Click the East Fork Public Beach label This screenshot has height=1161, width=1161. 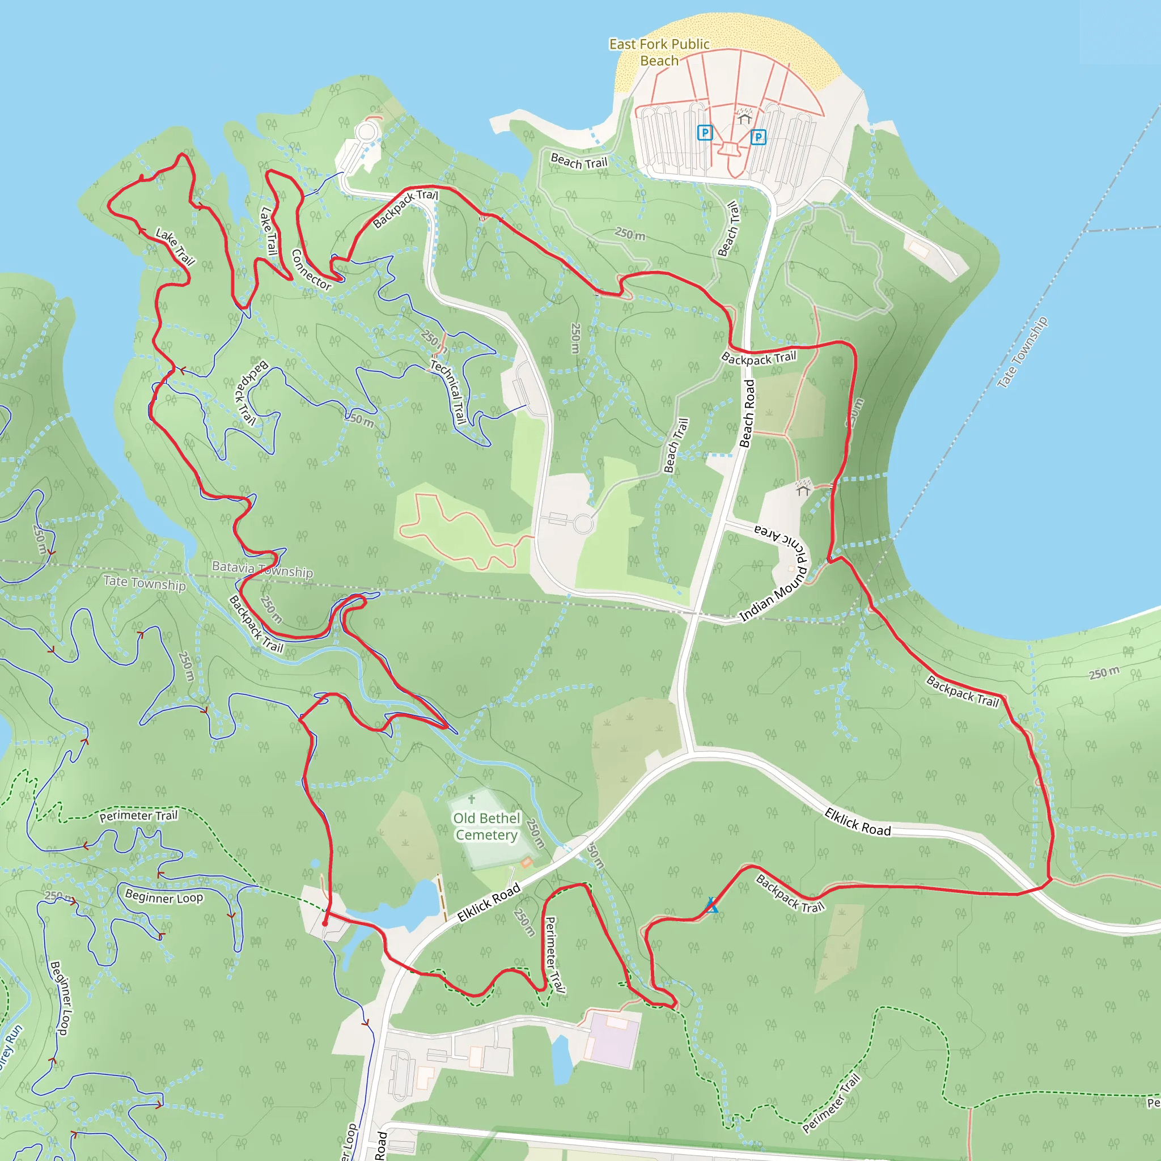pos(659,52)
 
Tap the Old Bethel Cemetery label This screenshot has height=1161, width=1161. pos(486,827)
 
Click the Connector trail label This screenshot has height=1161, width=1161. pos(311,270)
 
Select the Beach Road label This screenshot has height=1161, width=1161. pos(747,413)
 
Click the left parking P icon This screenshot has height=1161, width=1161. pos(705,132)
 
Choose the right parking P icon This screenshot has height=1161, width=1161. pos(758,138)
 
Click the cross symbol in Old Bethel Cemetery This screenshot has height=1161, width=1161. pos(472,799)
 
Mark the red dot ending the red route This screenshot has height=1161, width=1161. pos(325,923)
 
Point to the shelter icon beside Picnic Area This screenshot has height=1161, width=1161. pos(803,488)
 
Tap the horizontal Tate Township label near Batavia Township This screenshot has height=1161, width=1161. pos(144,582)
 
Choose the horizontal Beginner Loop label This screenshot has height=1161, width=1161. pos(164,897)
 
